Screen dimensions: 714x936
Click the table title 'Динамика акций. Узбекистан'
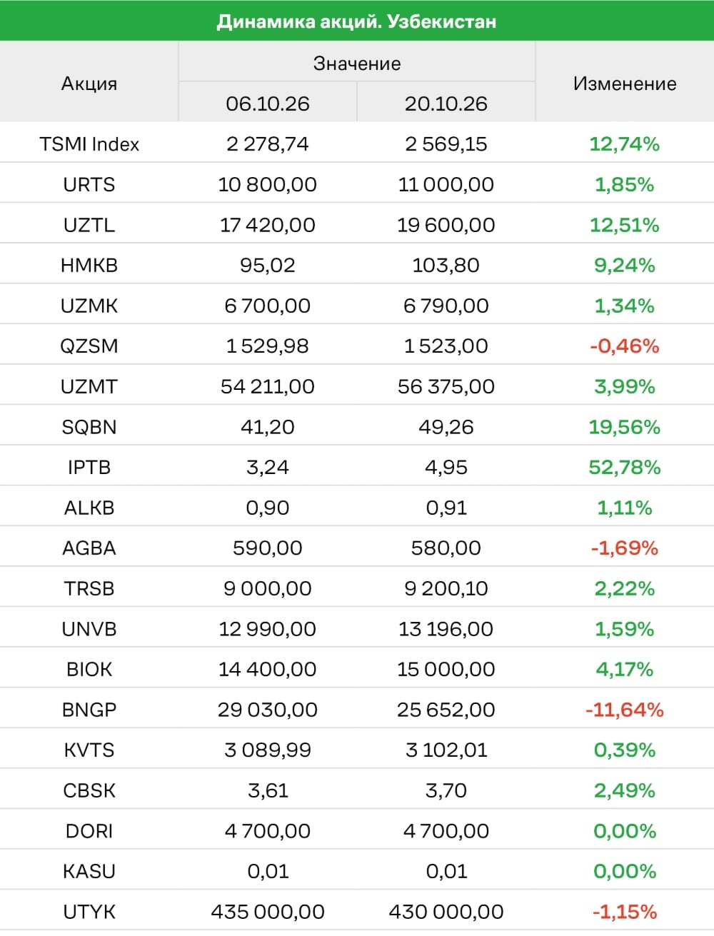(356, 21)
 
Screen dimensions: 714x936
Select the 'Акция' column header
(89, 83)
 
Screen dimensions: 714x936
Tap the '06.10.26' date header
(268, 104)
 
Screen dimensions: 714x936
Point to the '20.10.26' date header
(446, 104)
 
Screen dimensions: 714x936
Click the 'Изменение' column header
(625, 83)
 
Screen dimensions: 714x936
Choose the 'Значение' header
(357, 63)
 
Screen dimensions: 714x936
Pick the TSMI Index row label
(89, 144)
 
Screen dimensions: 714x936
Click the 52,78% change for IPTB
(625, 467)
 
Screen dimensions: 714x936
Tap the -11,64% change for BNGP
(625, 710)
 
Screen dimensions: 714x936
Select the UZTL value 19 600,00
(446, 225)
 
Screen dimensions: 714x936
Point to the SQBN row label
(89, 427)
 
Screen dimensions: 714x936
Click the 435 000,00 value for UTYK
(268, 912)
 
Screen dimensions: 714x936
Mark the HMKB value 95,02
(268, 265)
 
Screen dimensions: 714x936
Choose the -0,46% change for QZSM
(625, 346)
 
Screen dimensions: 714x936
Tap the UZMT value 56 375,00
(446, 386)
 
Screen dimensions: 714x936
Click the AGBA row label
(89, 548)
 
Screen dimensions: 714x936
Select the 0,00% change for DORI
(625, 830)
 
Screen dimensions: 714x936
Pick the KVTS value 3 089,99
(268, 750)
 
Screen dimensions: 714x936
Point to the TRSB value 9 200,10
(446, 588)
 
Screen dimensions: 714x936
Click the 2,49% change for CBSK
(625, 790)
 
